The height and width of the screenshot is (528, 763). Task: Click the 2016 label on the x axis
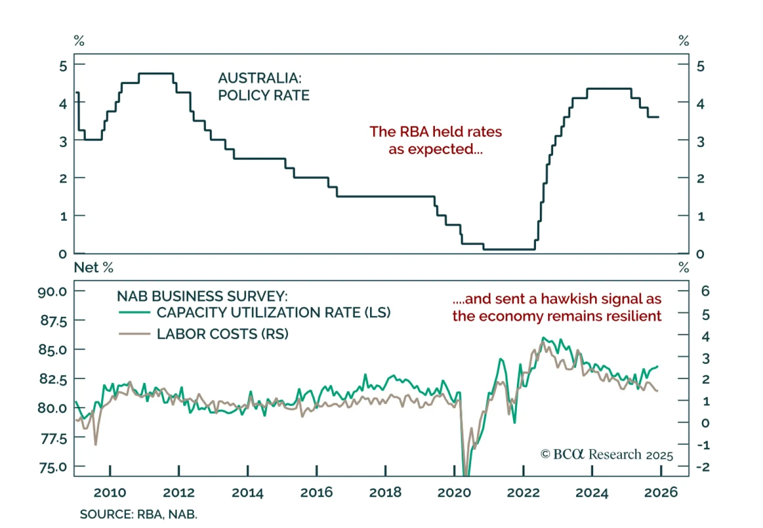coord(316,492)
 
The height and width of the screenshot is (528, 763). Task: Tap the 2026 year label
coord(660,492)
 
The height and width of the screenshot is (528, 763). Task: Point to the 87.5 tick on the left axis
coord(53,321)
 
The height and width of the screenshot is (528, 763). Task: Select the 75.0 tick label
coord(53,467)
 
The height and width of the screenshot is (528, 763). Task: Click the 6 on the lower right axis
coord(705,291)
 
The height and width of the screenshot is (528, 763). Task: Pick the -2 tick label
coord(703,466)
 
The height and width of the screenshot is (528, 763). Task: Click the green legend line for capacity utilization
coord(134,313)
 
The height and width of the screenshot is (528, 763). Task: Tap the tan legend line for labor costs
coord(134,334)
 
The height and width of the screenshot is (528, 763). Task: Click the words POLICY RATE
coord(264,95)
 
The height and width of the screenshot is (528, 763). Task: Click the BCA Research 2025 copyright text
coord(607,455)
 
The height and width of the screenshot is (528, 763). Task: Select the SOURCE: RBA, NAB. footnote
coord(138,515)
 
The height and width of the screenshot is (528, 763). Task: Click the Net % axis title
coord(93,268)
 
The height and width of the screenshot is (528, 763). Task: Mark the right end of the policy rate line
coord(659,117)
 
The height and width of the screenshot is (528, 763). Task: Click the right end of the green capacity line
coord(658,367)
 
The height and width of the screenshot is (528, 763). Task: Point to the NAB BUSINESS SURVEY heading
coord(202,296)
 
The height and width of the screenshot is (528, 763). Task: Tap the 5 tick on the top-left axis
coord(63,66)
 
